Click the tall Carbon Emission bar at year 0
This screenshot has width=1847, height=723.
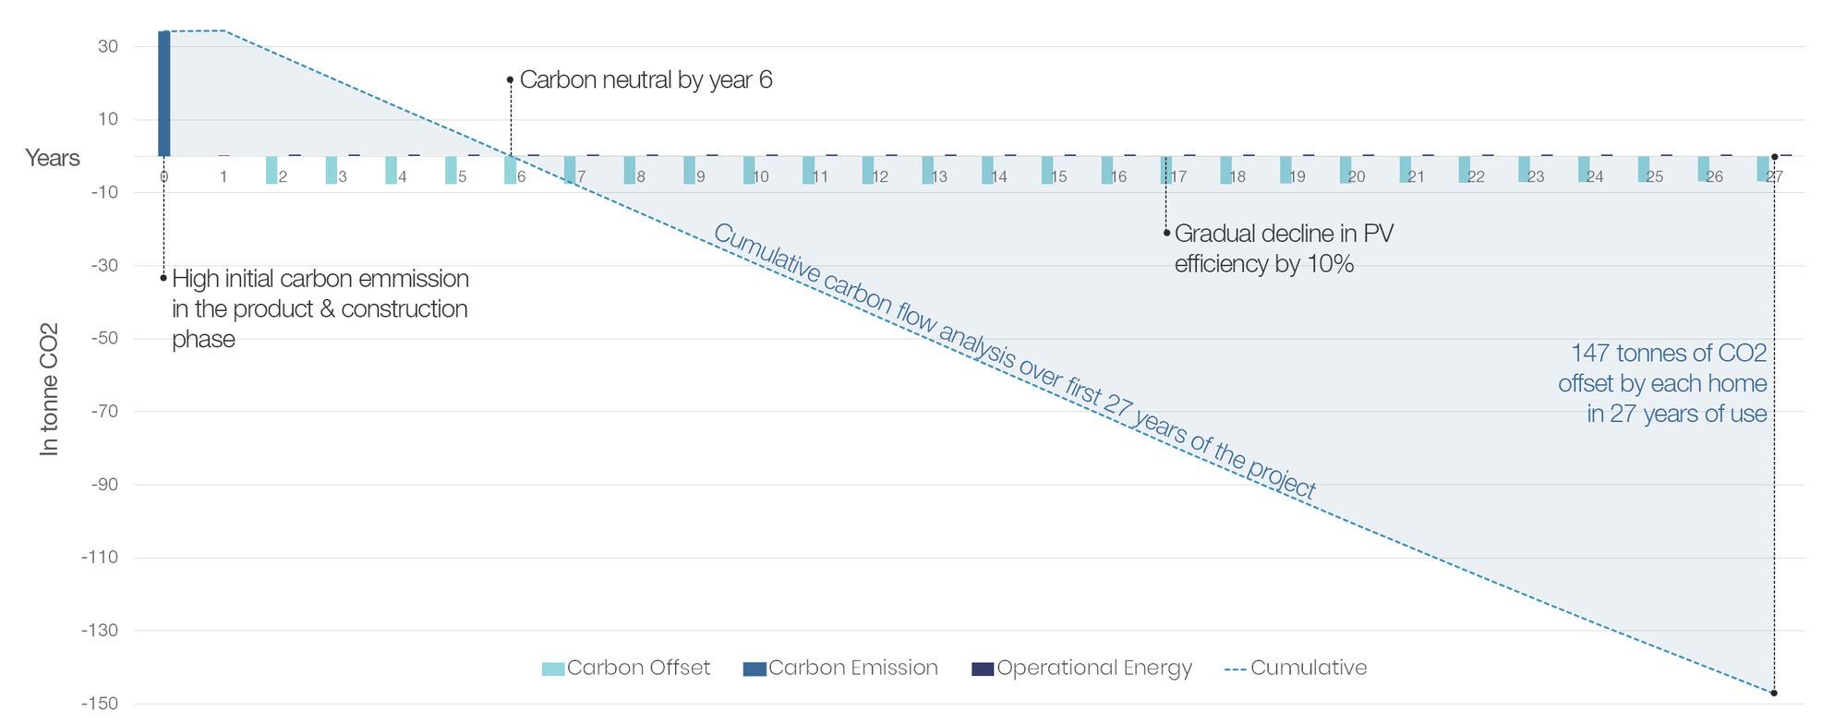164,93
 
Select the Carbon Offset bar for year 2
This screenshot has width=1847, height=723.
272,170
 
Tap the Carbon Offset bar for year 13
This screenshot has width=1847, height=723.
927,170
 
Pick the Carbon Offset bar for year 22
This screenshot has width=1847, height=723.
1464,169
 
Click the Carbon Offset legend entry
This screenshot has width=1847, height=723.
626,668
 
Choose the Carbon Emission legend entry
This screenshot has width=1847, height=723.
840,668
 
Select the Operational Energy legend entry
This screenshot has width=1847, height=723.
1082,668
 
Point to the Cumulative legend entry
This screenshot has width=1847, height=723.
1296,668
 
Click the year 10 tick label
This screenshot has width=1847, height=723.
761,176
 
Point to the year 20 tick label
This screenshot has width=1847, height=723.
1357,176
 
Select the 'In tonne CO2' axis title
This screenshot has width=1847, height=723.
49,389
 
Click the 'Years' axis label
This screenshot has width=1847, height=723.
53,158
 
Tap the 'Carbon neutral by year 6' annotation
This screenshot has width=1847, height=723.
646,80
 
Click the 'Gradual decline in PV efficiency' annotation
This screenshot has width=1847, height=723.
1283,248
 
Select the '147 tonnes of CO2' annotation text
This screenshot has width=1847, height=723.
1662,383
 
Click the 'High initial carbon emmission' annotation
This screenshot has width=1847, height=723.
320,308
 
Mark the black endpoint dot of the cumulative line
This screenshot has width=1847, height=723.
1774,693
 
